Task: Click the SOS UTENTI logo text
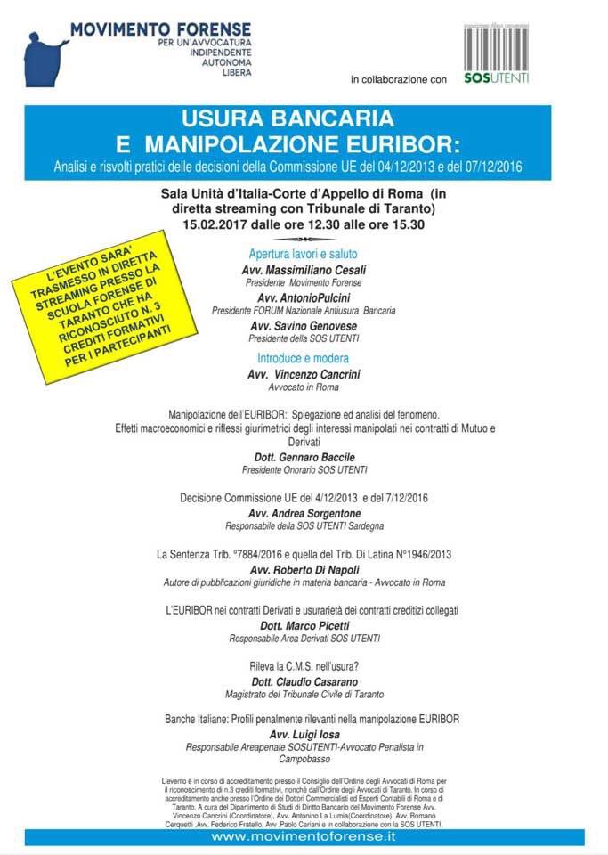(496, 78)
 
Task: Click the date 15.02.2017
(218, 224)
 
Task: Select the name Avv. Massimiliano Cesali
(304, 270)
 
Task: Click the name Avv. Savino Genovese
(304, 327)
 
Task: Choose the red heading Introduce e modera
(304, 358)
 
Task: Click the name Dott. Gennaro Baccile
(304, 457)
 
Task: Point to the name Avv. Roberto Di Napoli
(304, 569)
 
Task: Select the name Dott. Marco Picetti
(304, 625)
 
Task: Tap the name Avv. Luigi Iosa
(304, 734)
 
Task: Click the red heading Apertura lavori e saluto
(304, 254)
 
